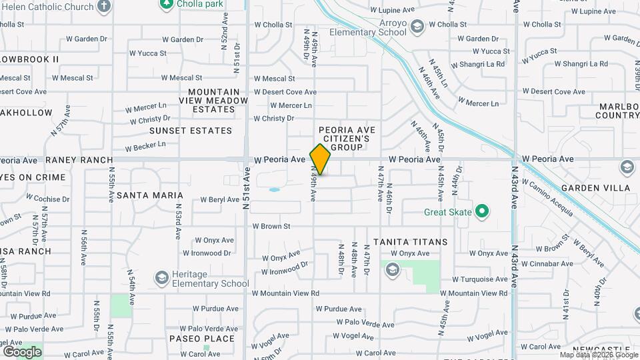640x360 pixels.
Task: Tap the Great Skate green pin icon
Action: pos(482,213)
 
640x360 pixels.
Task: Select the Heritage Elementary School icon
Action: pos(161,277)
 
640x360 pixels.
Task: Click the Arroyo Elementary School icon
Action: pos(417,27)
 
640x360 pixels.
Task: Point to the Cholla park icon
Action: pos(166,4)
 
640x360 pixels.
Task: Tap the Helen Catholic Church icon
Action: pos(103,7)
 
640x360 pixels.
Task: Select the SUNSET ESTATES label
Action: pos(191,131)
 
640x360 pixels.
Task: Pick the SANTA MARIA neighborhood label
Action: pos(150,195)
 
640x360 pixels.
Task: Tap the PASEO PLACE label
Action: pos(202,339)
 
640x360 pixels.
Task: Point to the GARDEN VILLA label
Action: pos(595,188)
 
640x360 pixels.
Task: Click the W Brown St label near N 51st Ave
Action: pos(271,227)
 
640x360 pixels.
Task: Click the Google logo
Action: pos(22,351)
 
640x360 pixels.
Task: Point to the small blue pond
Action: pos(274,190)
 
